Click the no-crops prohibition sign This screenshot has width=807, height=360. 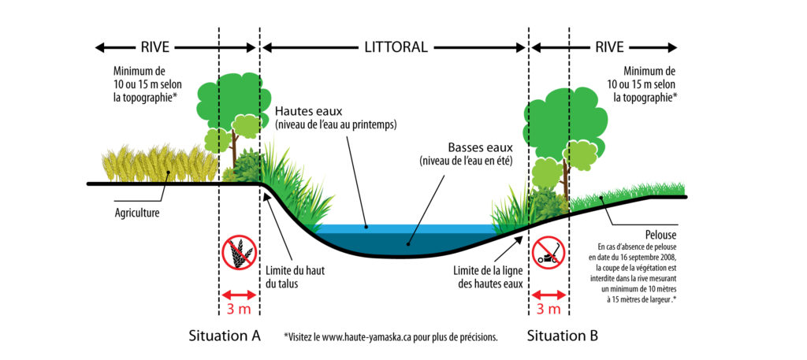point(239,254)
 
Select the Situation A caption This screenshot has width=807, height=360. point(225,336)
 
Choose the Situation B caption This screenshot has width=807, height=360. point(563,336)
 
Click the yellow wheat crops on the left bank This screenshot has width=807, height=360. point(158,164)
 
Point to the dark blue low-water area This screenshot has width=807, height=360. point(410,244)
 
